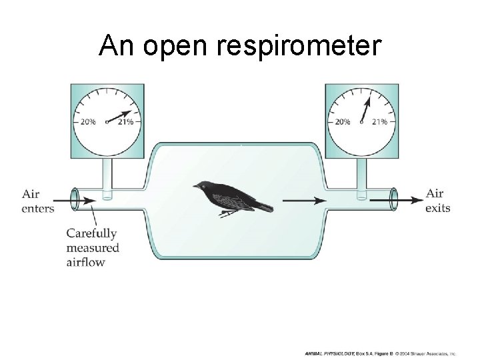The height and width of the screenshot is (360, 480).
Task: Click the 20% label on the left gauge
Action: (88, 122)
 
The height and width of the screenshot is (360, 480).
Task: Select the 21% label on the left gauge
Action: (125, 122)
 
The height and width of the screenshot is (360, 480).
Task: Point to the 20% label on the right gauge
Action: (342, 122)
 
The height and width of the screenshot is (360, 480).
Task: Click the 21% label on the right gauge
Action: (379, 122)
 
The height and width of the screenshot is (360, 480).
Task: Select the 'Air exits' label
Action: (437, 201)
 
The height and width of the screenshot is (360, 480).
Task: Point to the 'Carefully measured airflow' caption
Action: (92, 247)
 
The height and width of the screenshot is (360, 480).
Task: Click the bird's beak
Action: (196, 187)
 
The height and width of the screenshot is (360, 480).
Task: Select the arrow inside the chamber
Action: (303, 199)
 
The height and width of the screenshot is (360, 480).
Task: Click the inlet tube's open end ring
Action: (75, 199)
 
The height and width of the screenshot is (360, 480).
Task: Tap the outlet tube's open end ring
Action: (394, 199)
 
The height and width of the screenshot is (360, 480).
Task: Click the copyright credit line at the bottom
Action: (380, 353)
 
